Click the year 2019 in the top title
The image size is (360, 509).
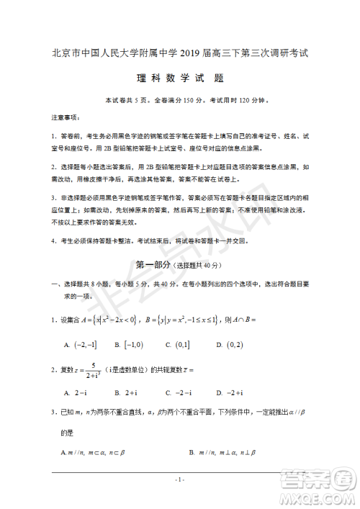[x=198, y=53]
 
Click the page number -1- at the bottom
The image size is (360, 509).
[x=180, y=479]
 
